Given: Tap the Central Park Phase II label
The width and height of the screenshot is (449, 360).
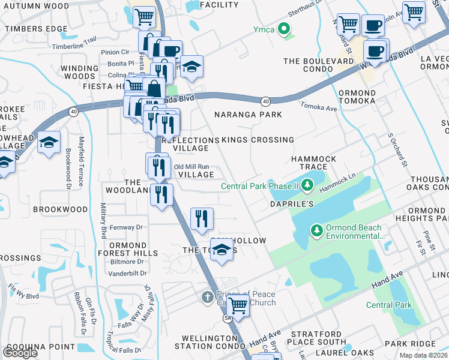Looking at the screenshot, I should point(259,186).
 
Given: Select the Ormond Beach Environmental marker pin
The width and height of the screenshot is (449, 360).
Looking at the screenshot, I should point(316,230).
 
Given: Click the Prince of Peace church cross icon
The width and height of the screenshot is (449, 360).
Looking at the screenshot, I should point(206,296).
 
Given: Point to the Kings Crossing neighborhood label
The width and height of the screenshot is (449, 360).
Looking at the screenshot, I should point(258,140).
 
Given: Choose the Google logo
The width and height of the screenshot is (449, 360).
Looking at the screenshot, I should point(20,352).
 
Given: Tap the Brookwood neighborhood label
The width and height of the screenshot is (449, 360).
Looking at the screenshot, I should point(60,209).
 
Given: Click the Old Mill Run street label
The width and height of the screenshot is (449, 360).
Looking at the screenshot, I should point(191,167).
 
